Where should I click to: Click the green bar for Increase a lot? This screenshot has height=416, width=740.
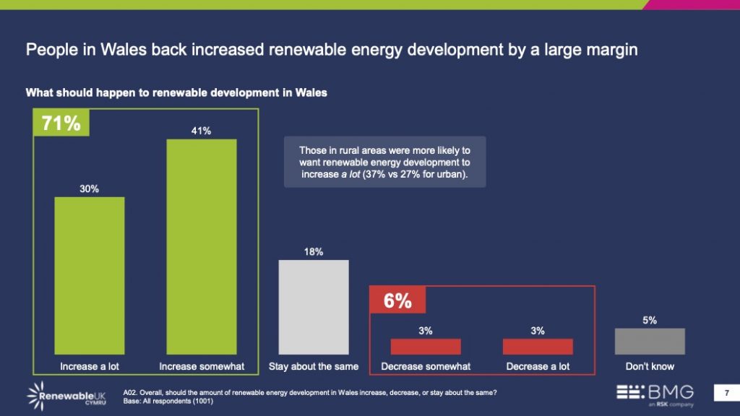(x=90, y=275)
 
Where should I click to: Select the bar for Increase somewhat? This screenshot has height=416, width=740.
(x=202, y=246)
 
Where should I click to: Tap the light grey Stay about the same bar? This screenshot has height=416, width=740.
(x=314, y=307)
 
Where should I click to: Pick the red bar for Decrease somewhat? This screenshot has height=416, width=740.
(x=426, y=346)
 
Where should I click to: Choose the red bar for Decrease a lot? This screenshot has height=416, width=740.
(x=538, y=346)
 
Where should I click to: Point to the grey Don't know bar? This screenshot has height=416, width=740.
(x=650, y=341)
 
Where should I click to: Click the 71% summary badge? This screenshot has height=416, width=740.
(x=61, y=123)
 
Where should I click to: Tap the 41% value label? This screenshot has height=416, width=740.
(x=202, y=131)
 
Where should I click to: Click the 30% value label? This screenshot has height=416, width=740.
(x=90, y=188)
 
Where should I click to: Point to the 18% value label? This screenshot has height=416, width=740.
(x=314, y=251)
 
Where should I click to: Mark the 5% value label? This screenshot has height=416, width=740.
(x=650, y=320)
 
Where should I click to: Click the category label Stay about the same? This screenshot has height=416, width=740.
(x=314, y=366)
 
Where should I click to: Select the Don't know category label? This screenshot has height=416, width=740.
(x=650, y=366)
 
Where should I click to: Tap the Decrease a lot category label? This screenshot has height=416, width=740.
(x=538, y=366)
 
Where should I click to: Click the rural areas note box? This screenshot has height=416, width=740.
(x=384, y=162)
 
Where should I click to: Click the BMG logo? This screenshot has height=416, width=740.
(x=655, y=394)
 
